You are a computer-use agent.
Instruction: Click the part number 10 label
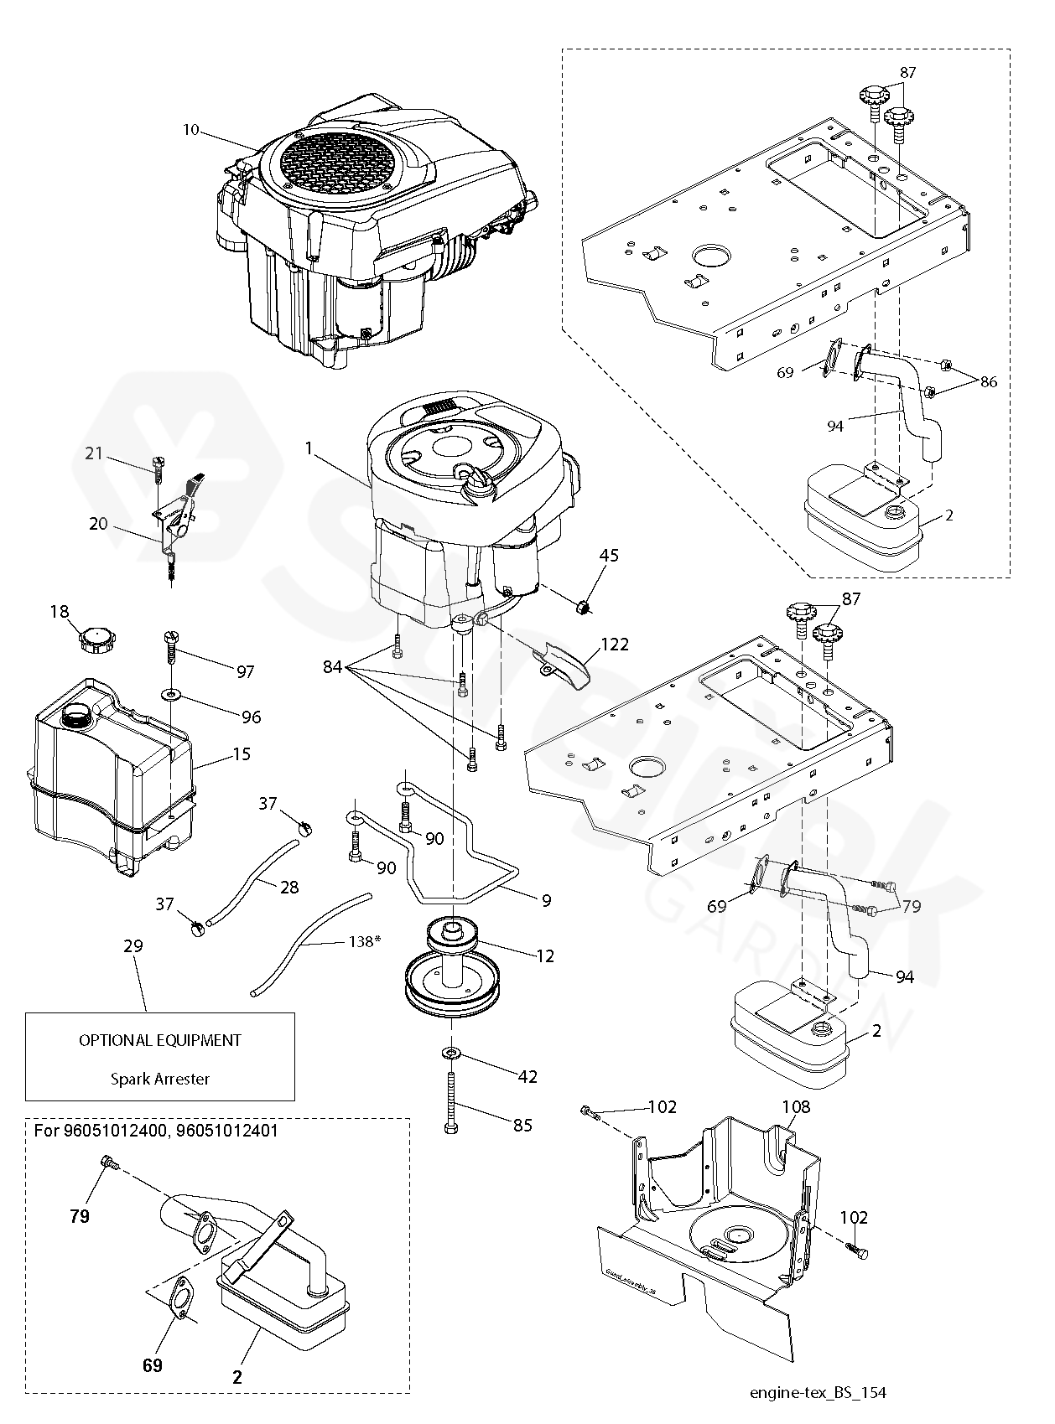tap(191, 129)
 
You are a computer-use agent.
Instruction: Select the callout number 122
tap(615, 645)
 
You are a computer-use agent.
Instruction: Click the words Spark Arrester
tap(159, 1079)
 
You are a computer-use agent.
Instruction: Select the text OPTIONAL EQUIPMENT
tap(160, 1040)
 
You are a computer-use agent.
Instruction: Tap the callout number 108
tap(796, 1107)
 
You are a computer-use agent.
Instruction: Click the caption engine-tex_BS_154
tap(818, 1393)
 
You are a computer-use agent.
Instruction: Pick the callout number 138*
tap(364, 941)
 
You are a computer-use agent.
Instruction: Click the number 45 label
tap(610, 556)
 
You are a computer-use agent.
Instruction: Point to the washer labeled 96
tap(171, 694)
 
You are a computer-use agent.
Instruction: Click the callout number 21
tap(94, 453)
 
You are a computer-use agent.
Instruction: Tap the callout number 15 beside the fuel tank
tap(242, 754)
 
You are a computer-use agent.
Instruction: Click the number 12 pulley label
tap(545, 955)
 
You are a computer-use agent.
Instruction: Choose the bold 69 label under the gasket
tap(152, 1365)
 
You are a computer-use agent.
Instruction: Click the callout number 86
tap(989, 382)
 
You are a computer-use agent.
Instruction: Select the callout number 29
tap(133, 946)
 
